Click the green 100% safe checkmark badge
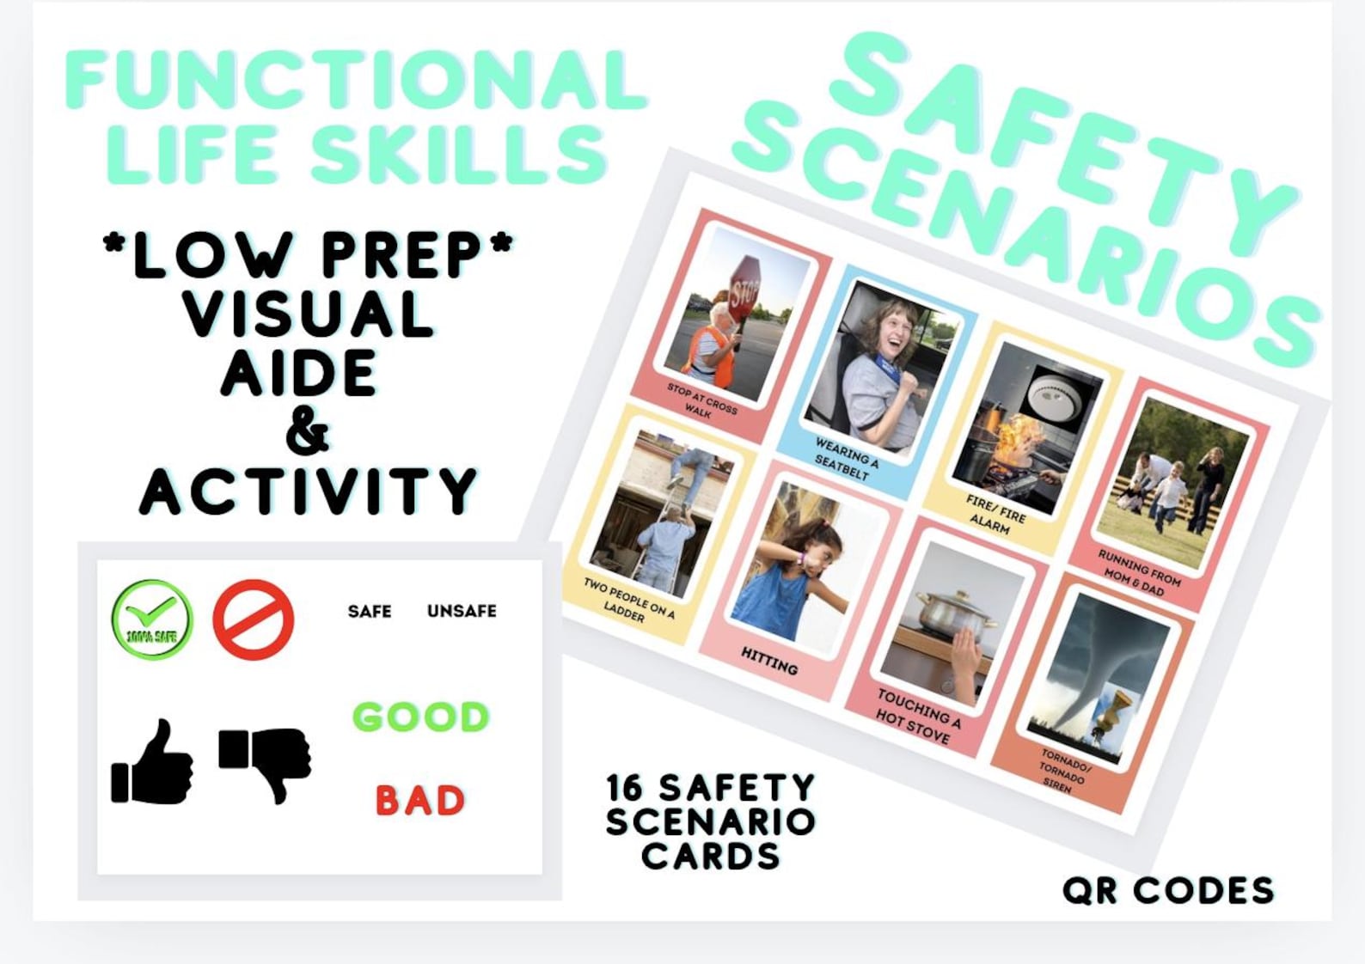pyautogui.click(x=152, y=619)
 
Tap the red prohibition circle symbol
pyautogui.click(x=254, y=619)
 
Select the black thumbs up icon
pyautogui.click(x=152, y=763)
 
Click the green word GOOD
pyautogui.click(x=420, y=717)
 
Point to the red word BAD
pyautogui.click(x=420, y=801)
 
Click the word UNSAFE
pyautogui.click(x=462, y=611)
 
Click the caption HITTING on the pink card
pyautogui.click(x=769, y=661)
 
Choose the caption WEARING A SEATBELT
pyautogui.click(x=846, y=458)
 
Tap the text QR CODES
pyautogui.click(x=1168, y=891)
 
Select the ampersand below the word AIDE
pyautogui.click(x=307, y=433)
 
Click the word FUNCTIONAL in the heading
pyautogui.click(x=355, y=79)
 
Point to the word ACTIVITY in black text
pyautogui.click(x=308, y=491)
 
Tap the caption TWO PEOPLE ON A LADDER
pyautogui.click(x=627, y=600)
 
